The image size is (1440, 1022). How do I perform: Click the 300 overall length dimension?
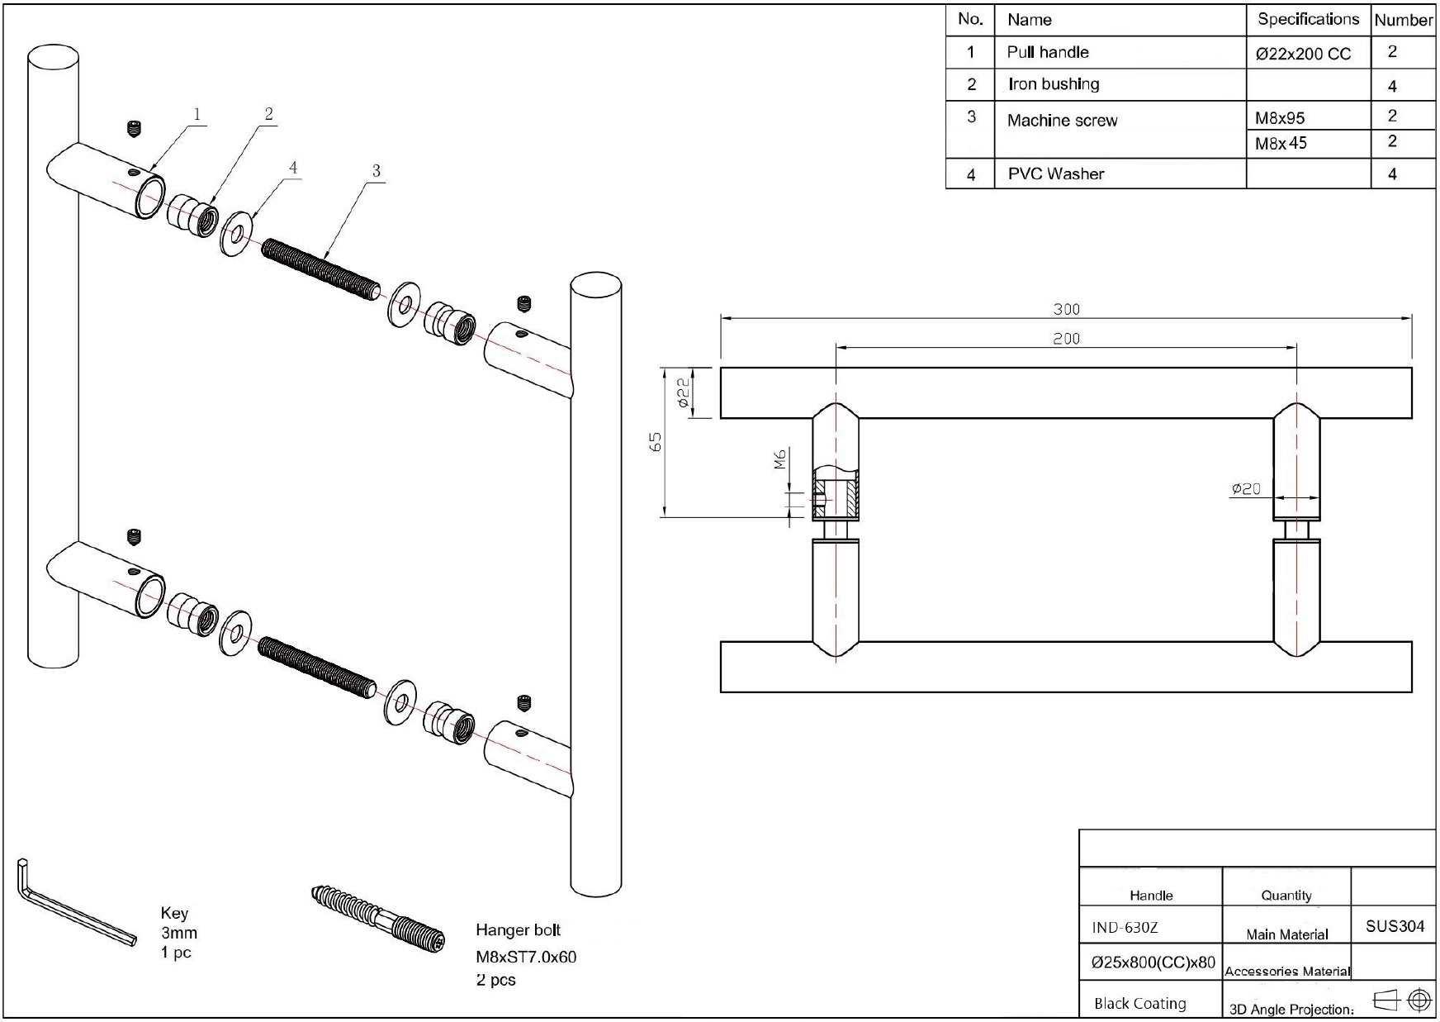click(1066, 309)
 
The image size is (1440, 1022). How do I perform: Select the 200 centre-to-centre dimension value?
click(1066, 338)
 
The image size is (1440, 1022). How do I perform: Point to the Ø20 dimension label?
click(1246, 488)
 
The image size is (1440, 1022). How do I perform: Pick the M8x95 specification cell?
click(1280, 118)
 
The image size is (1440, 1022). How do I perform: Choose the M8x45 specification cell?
click(1281, 144)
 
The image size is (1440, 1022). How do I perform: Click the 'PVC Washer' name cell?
click(1055, 174)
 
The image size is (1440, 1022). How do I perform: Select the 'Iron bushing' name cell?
click(1053, 84)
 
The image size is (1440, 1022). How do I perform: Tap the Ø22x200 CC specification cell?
click(1303, 55)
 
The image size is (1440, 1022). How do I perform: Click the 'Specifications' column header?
click(1308, 19)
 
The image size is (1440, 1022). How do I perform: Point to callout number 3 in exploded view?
click(376, 171)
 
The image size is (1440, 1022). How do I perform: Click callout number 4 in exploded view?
click(292, 168)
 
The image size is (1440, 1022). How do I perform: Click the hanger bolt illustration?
click(378, 916)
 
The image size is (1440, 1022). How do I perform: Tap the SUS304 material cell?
click(1395, 926)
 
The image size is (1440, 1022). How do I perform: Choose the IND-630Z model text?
click(1125, 927)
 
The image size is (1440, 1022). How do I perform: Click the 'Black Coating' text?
click(1139, 1004)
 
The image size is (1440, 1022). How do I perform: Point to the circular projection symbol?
click(1419, 1000)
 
